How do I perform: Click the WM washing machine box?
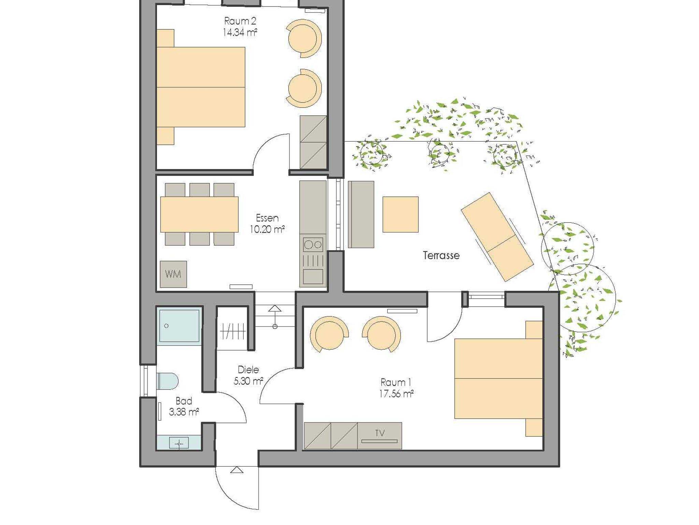173,274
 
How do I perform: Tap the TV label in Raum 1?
380,433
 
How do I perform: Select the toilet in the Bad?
168,381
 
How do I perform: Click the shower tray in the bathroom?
179,326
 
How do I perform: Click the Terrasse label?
441,255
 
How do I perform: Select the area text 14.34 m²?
240,32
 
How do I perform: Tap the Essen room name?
267,218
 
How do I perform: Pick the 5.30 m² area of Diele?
248,381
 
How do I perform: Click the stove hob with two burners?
313,244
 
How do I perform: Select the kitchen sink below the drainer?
313,276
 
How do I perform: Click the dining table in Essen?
199,214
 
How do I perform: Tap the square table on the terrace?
400,214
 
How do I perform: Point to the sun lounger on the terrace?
497,237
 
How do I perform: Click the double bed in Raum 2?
201,87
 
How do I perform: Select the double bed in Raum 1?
499,379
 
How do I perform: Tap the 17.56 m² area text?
396,394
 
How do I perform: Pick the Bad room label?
184,401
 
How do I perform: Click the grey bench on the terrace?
361,214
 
